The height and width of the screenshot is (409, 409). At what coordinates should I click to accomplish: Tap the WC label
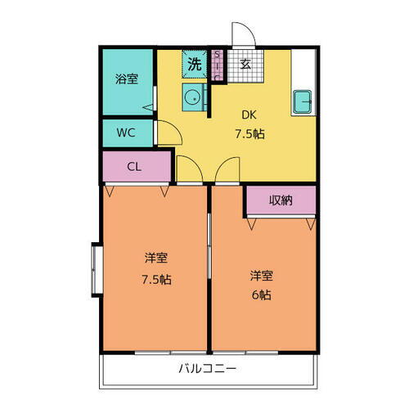(x=126, y=131)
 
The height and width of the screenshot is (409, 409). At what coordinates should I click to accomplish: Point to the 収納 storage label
(x=281, y=199)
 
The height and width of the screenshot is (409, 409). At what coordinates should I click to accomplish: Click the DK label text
(x=247, y=115)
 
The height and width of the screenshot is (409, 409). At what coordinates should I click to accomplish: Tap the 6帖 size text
(x=263, y=294)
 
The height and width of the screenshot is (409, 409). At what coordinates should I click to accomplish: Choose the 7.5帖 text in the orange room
(x=156, y=278)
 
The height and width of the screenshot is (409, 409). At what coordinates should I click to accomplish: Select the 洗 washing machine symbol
(x=195, y=63)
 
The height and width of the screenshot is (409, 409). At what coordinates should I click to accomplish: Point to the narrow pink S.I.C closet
(x=218, y=65)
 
